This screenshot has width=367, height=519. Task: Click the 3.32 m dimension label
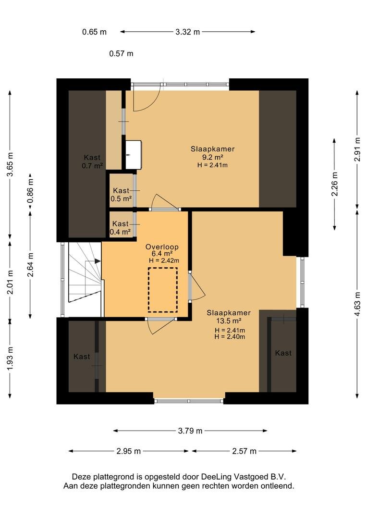(188, 32)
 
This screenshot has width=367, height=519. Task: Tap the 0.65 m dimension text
(94, 32)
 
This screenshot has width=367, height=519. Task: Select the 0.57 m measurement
(121, 53)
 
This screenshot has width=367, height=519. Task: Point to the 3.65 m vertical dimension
(10, 164)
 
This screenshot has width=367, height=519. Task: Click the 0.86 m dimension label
(30, 191)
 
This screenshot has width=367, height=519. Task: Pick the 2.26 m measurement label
(334, 184)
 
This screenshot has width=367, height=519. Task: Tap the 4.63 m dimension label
(357, 304)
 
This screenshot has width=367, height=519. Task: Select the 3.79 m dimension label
(190, 431)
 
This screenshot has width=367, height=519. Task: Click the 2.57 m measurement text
(244, 451)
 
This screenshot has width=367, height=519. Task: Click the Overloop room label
(162, 247)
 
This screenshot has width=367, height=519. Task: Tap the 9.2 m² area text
(212, 157)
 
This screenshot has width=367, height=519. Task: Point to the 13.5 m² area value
(228, 321)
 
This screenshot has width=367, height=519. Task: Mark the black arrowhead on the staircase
(98, 261)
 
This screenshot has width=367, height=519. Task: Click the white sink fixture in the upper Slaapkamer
(134, 154)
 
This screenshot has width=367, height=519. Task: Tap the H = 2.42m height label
(164, 260)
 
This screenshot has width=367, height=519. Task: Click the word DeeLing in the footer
(217, 477)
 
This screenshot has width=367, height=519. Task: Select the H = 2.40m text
(230, 337)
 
